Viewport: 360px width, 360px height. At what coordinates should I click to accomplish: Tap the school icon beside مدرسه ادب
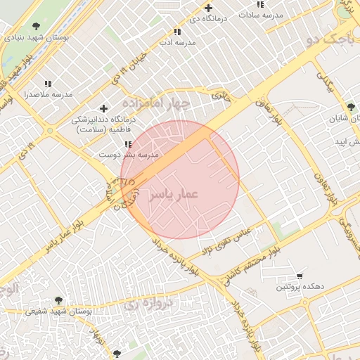[x=177, y=32]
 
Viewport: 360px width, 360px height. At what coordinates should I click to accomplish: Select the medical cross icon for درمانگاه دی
[x=209, y=8]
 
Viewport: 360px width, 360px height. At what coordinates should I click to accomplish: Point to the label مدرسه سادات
[x=261, y=14]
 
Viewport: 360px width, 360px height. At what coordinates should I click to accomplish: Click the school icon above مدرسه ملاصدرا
[x=48, y=84]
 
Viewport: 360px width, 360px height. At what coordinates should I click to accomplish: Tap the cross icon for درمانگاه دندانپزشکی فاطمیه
[x=104, y=108]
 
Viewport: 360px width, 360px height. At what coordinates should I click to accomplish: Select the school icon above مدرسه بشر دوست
[x=127, y=143]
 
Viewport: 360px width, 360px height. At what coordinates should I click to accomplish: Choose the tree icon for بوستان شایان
[x=351, y=107]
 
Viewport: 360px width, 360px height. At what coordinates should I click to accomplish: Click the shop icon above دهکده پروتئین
[x=300, y=276]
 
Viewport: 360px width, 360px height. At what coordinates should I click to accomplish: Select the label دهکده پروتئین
[x=300, y=286]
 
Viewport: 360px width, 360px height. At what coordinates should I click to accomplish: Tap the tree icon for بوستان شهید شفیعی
[x=58, y=300]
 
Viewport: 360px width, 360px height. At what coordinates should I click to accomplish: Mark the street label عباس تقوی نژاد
[x=227, y=238]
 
